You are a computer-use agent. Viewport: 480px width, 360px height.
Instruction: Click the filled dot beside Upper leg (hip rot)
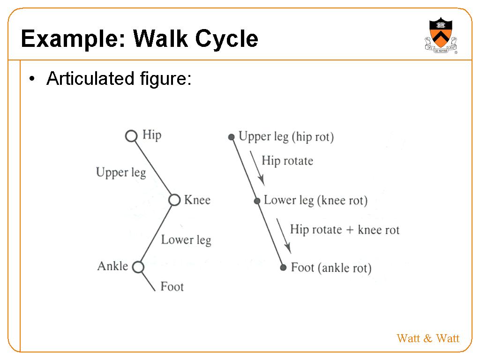click(x=232, y=137)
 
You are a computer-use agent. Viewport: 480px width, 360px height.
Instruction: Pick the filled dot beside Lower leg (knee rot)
click(x=257, y=201)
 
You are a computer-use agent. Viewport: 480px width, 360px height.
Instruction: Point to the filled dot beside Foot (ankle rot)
click(x=283, y=268)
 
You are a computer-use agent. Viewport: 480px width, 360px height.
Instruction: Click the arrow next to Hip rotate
click(x=257, y=168)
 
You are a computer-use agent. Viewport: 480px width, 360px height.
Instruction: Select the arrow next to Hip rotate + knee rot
click(x=284, y=236)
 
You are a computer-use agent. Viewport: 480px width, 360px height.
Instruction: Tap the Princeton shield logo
click(x=441, y=35)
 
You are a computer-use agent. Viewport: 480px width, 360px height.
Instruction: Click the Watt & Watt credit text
click(x=428, y=338)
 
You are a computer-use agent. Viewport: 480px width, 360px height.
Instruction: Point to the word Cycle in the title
click(x=226, y=39)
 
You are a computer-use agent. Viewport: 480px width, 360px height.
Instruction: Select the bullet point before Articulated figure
click(x=32, y=79)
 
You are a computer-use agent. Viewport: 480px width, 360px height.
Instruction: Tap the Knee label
click(x=197, y=200)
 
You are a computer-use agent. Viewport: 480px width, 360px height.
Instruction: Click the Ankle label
click(x=112, y=266)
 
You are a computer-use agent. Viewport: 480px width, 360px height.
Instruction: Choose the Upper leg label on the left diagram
click(x=121, y=172)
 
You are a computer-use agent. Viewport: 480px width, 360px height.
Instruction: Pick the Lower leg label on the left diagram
click(x=186, y=240)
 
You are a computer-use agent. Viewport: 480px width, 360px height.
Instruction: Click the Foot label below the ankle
click(x=172, y=286)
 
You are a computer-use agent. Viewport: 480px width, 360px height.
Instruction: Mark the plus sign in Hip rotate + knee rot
click(x=350, y=230)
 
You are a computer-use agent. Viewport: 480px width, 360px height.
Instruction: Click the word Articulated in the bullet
click(x=90, y=78)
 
